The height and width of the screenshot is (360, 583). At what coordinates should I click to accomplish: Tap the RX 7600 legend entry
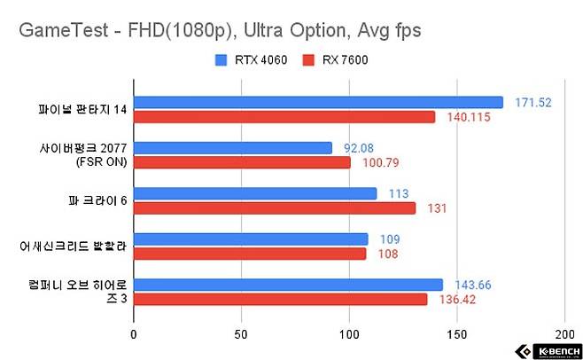coord(336,61)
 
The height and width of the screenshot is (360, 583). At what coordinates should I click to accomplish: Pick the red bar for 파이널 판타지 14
coord(284,117)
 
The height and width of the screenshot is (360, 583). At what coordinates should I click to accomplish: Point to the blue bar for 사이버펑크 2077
coord(232,147)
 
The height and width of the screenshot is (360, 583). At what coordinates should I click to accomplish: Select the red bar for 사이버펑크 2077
coord(242,162)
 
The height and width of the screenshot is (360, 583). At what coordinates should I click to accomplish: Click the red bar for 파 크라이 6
coord(274,208)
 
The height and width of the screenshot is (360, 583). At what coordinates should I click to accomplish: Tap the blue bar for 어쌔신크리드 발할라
coord(250,239)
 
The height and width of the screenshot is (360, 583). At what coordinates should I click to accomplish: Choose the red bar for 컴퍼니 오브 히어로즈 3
coord(280,300)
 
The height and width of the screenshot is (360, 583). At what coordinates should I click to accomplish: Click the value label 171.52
coord(533,103)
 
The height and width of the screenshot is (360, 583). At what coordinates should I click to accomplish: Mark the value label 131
coord(435,208)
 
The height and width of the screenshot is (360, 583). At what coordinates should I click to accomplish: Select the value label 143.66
coord(473,285)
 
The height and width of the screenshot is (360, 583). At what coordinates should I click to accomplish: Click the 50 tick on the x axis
coord(241,334)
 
